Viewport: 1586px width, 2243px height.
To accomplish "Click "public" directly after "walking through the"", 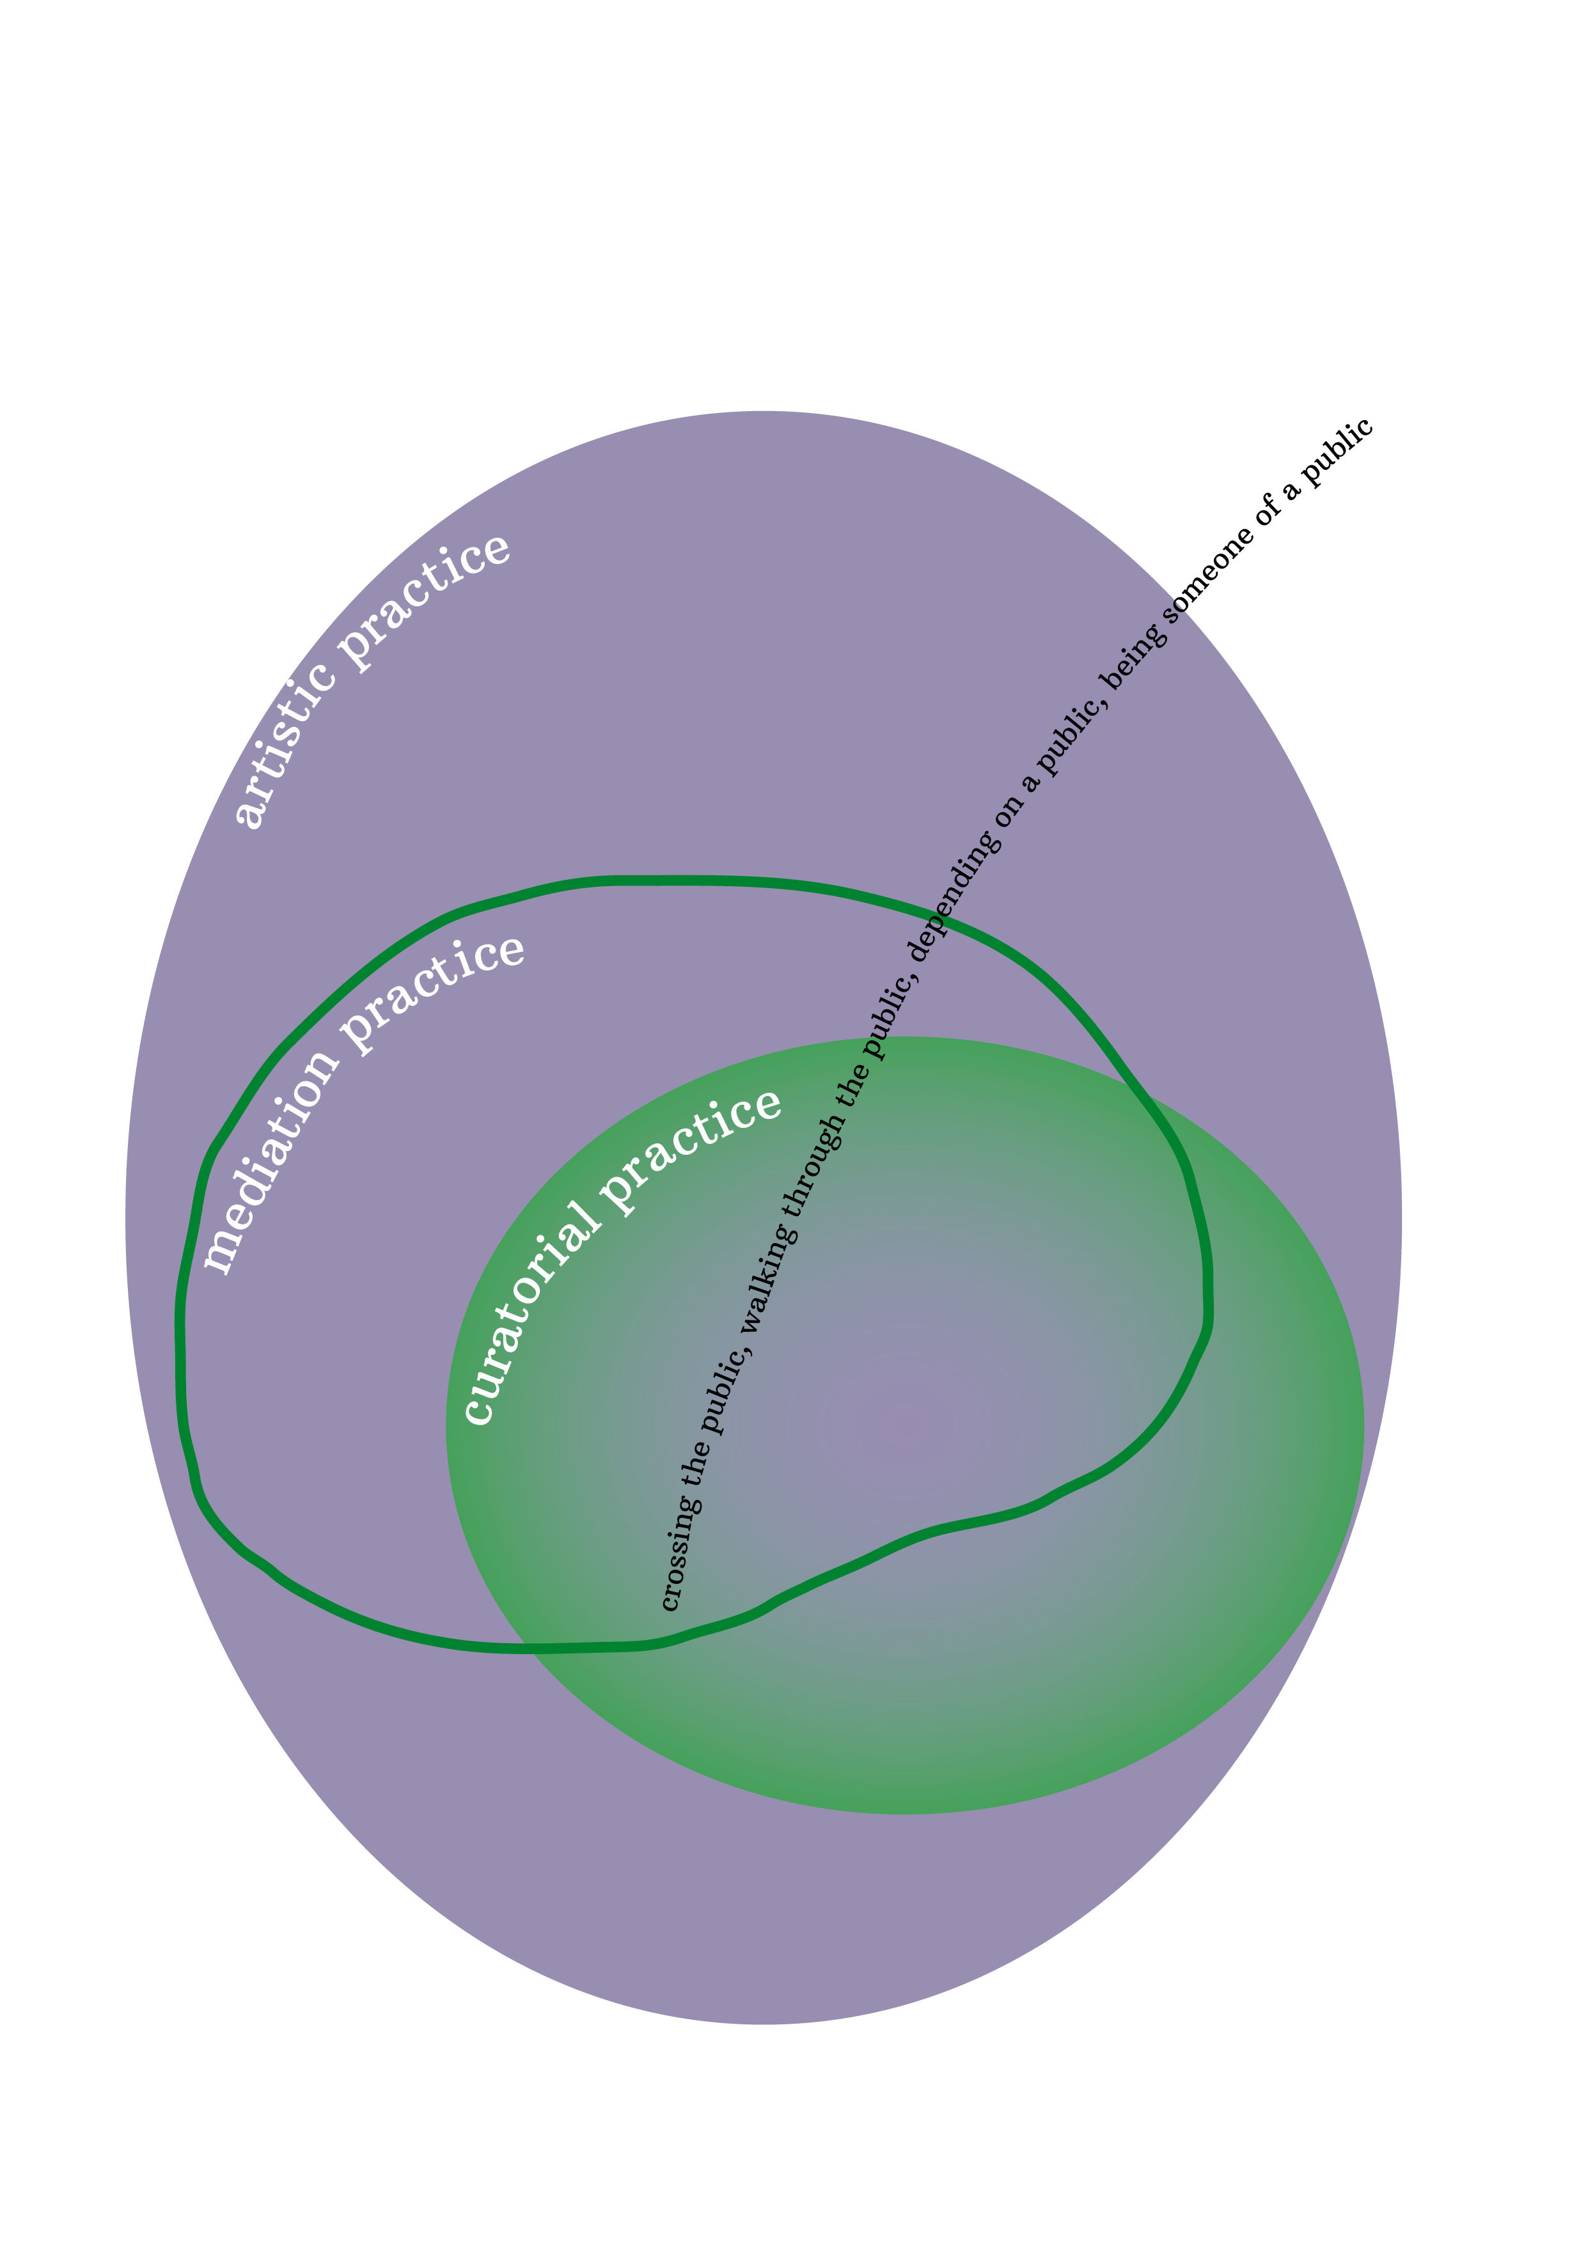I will [x=890, y=1016].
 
